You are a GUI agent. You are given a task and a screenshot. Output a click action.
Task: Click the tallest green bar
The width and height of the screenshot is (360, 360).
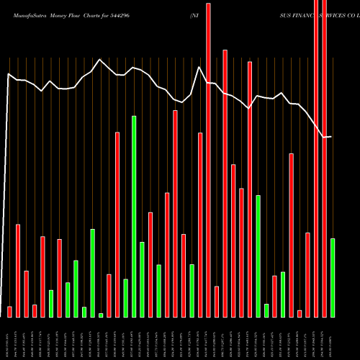click(134, 216)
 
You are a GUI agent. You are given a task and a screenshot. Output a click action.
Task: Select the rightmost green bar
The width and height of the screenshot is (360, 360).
click(332, 277)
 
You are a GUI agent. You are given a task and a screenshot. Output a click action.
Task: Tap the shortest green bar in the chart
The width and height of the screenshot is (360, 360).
click(101, 315)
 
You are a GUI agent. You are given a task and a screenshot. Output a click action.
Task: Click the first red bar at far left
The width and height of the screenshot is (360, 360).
click(9, 311)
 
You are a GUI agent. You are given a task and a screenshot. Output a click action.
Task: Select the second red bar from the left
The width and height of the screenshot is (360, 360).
click(18, 270)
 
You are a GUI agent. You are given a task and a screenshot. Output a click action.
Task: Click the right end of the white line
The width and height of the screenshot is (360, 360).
click(331, 136)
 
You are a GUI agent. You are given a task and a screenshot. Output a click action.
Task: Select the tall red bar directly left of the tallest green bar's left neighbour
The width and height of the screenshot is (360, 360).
click(117, 224)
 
